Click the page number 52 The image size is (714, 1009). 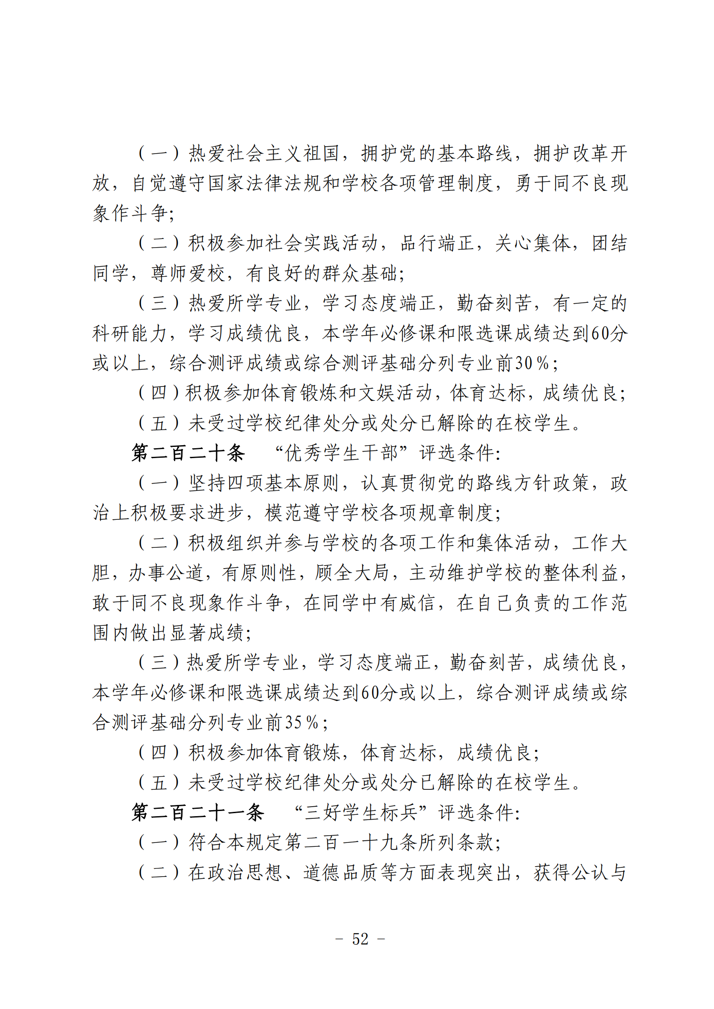pos(360,939)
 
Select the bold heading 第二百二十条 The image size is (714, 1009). pos(188,453)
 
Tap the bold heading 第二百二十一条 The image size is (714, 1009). pos(198,813)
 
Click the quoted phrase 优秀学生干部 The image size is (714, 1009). pos(341,453)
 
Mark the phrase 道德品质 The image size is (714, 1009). pos(341,872)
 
